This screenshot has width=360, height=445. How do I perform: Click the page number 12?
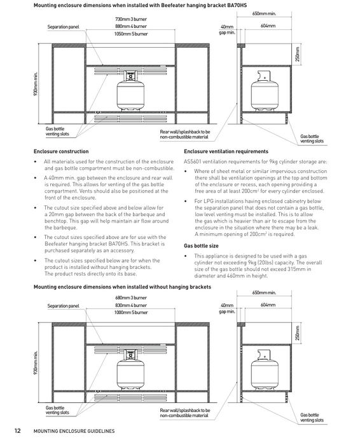18,431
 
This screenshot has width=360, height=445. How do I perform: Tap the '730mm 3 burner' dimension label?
131,19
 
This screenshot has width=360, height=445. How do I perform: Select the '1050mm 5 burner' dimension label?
131,34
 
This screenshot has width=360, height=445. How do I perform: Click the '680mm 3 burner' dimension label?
131,298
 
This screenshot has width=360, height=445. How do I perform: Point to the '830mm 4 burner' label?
131,305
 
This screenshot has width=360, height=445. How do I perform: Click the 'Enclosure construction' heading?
61,151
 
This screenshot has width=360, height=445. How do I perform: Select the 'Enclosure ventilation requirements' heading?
226,151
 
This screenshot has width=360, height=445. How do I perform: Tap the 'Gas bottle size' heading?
201,246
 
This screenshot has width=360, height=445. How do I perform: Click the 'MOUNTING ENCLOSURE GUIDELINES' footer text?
74,431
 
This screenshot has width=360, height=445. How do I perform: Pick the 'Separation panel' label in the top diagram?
63,27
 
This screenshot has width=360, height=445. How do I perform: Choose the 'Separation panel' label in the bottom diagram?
63,306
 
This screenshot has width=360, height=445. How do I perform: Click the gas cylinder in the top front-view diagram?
130,90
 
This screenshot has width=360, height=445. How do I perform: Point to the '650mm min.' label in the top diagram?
264,13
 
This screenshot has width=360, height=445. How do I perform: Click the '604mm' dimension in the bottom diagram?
268,305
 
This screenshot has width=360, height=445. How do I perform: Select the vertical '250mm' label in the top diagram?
297,54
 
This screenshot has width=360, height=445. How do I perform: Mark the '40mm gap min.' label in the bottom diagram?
227,308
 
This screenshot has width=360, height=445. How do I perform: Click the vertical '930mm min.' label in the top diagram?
36,84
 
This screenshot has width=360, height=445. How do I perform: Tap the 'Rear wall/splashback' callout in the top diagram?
185,134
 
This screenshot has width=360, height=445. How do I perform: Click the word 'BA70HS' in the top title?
237,5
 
